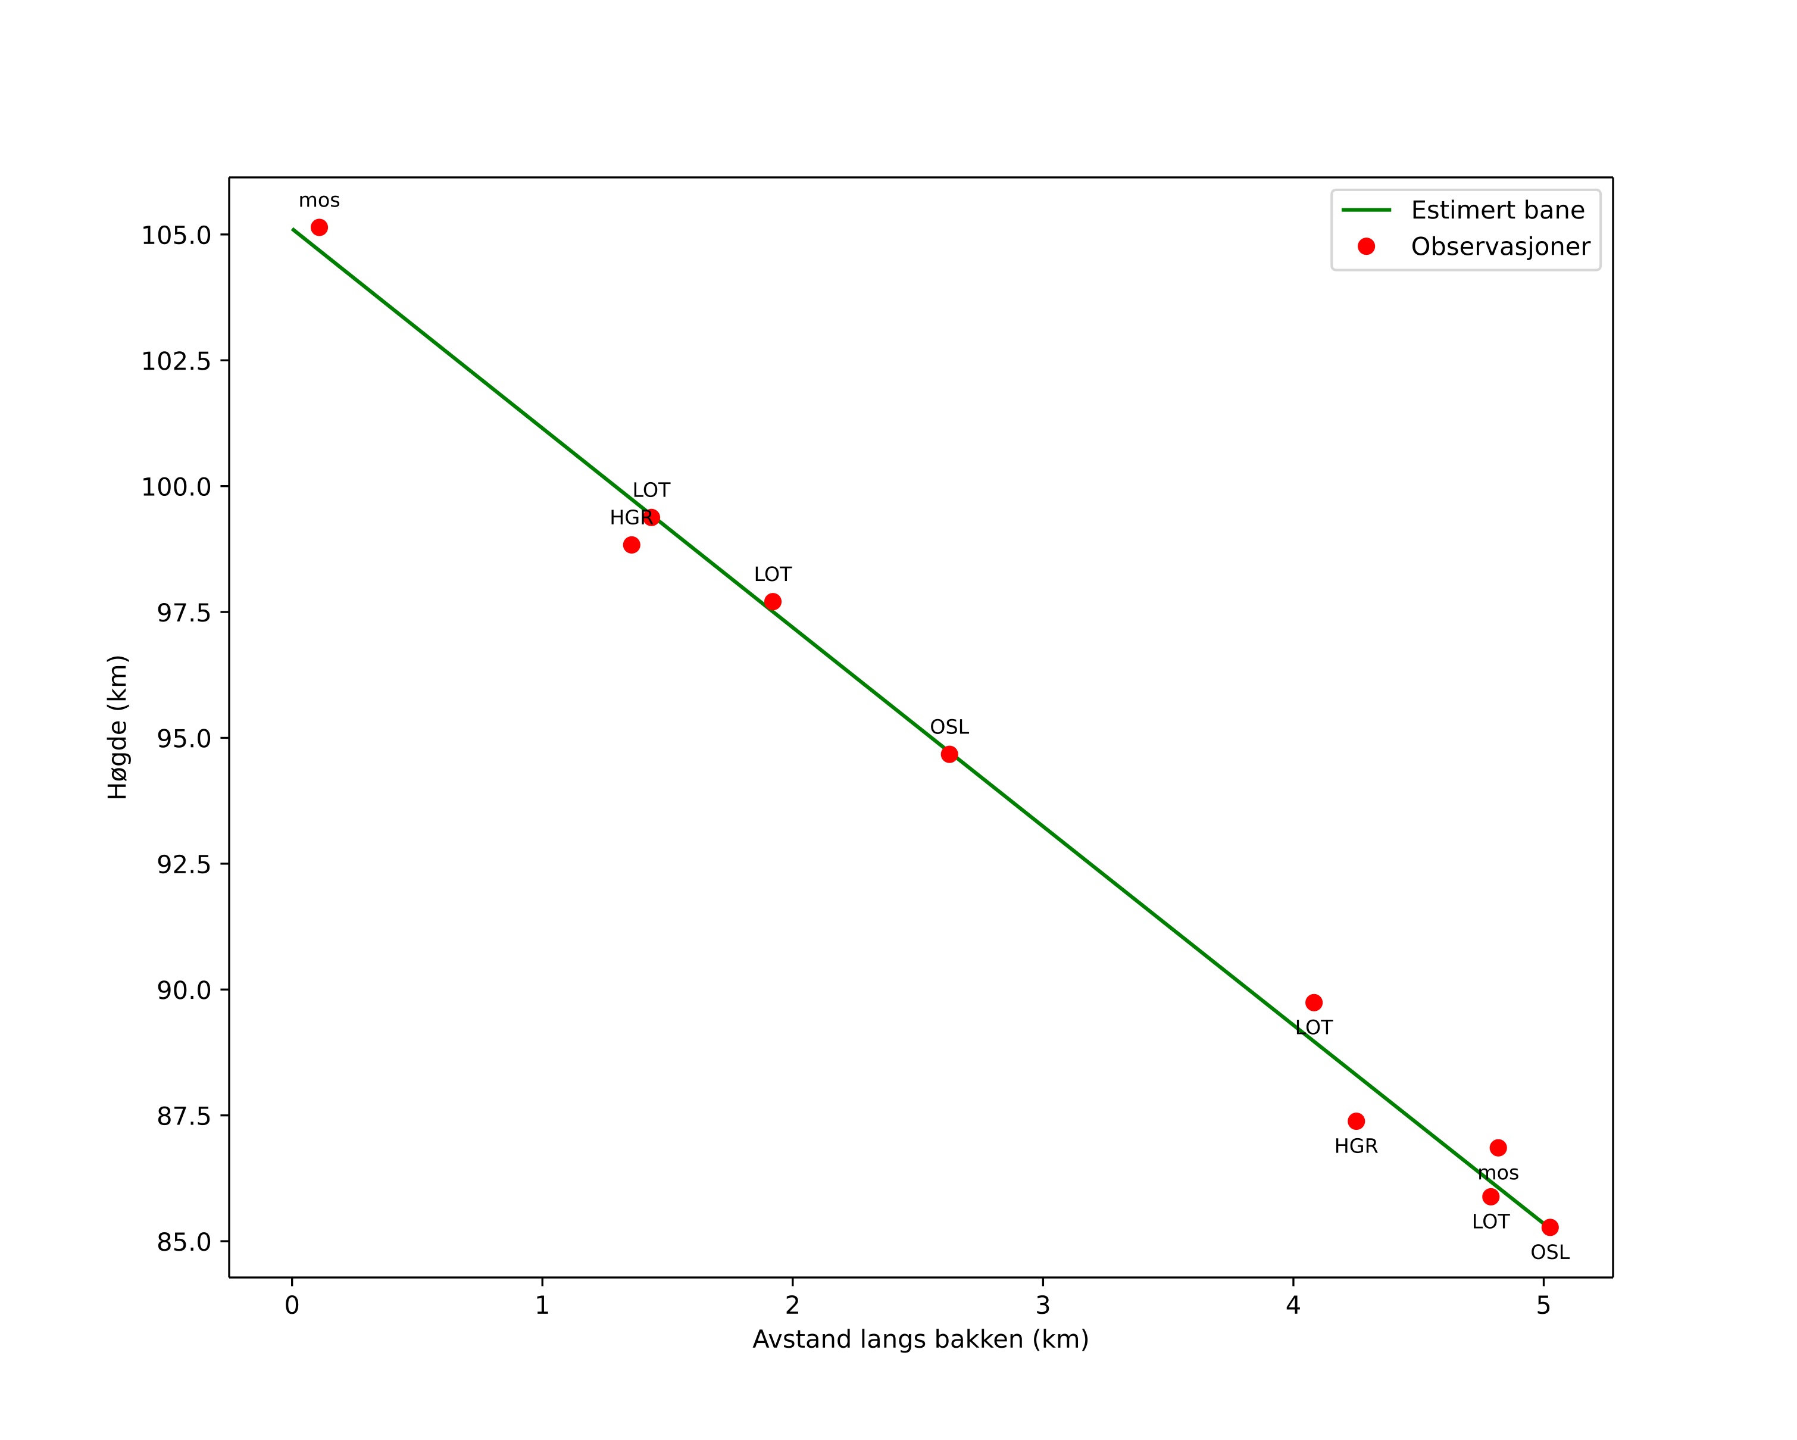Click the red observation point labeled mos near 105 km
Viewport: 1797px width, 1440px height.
point(319,227)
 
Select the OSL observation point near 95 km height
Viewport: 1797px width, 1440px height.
point(949,754)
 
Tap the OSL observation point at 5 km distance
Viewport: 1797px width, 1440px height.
point(1549,1227)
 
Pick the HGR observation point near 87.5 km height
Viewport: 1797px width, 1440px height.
point(1356,1121)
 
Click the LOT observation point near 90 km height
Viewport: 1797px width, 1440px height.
point(1314,1002)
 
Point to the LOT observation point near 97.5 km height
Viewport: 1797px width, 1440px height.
point(773,602)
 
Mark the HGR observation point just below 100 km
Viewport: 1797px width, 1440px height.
point(632,545)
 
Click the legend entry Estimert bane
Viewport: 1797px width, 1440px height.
point(1497,210)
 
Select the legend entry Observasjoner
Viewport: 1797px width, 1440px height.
point(1499,246)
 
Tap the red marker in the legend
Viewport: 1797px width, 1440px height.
point(1366,246)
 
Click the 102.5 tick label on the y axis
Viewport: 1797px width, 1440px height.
point(176,361)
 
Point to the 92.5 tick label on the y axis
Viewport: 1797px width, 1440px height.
point(183,864)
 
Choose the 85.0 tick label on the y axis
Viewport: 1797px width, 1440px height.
point(183,1242)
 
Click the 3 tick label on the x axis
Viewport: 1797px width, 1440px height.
point(1043,1305)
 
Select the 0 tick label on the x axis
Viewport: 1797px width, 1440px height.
point(292,1305)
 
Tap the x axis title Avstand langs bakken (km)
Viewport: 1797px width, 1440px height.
point(920,1340)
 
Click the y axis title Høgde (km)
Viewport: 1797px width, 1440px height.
point(117,727)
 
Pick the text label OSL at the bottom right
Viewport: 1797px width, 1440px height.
point(1549,1252)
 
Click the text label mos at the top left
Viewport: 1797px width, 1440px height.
point(319,201)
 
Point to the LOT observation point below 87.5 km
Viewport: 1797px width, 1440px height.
point(1490,1197)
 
